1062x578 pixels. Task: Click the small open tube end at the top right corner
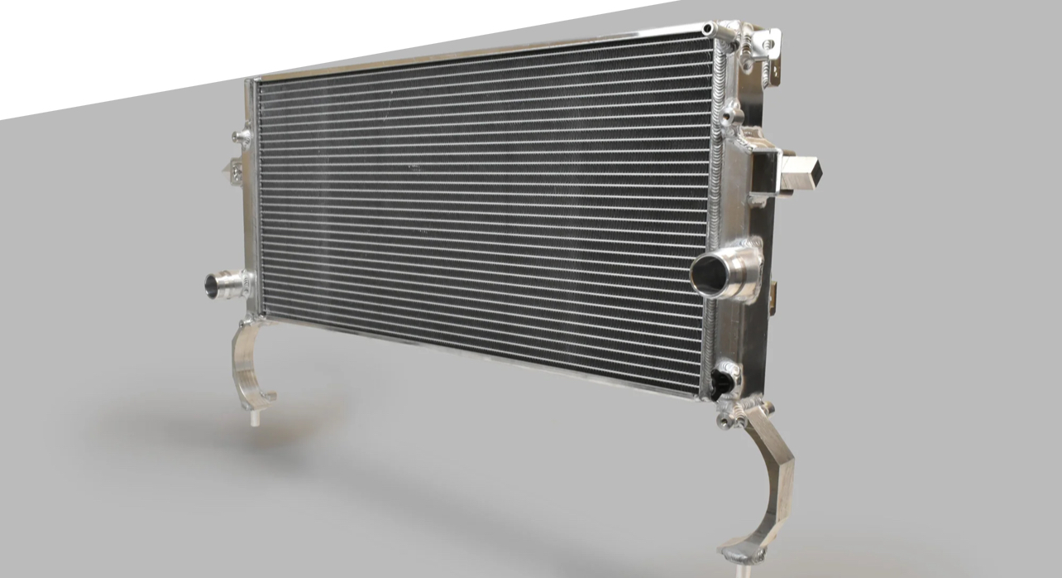pos(709,29)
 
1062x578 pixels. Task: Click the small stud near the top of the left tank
pos(241,136)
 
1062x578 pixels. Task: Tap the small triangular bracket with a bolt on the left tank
pos(233,170)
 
